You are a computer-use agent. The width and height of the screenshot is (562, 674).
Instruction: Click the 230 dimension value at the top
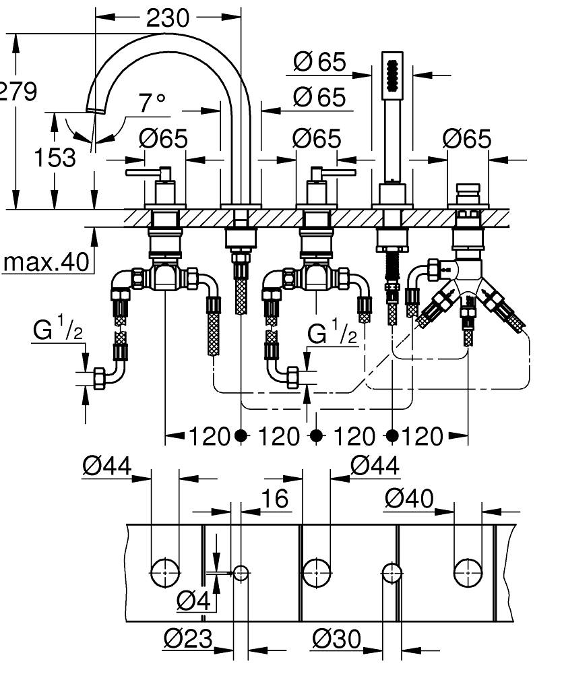click(x=168, y=18)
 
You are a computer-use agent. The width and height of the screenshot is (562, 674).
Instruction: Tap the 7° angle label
click(x=152, y=103)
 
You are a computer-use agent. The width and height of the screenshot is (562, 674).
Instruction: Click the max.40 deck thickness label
click(x=46, y=262)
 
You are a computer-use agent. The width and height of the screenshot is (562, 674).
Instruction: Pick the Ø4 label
click(x=194, y=600)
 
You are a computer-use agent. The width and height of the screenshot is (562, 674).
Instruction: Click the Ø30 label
click(x=336, y=638)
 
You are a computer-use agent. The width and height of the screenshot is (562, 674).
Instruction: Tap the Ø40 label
click(x=409, y=499)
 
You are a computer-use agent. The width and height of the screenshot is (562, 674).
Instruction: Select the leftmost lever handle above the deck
click(x=151, y=175)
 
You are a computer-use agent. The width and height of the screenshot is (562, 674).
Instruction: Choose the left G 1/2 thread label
click(x=57, y=330)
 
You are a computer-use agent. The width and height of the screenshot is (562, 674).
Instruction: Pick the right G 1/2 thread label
click(x=333, y=334)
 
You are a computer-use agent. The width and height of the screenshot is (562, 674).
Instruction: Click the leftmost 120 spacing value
click(x=210, y=436)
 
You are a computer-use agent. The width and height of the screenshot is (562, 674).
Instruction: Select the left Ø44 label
click(x=106, y=466)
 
